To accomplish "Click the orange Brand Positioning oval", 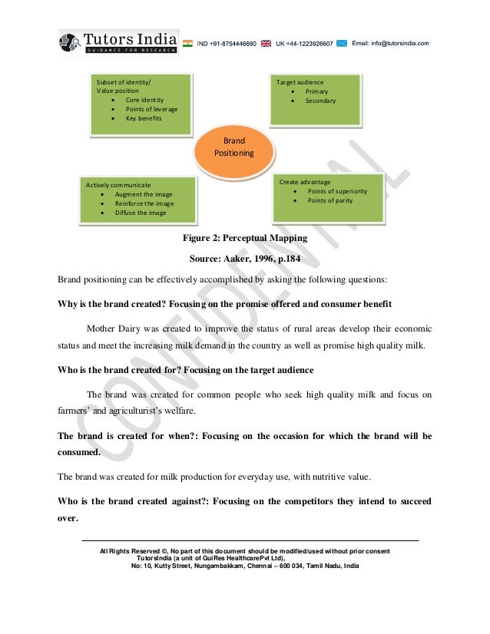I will coord(234,147).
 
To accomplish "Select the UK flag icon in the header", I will coord(266,44).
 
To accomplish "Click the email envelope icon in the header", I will coord(341,44).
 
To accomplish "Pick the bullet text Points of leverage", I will coord(151,109).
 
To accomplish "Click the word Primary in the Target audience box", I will coord(316,91).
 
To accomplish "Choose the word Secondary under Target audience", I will coord(320,101).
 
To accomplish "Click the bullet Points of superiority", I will coord(337,191).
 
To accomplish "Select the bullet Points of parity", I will coord(330,200).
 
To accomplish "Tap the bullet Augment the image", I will coord(144,194).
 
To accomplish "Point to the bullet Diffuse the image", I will coord(141,213).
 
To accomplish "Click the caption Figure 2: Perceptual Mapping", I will coord(244,238).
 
